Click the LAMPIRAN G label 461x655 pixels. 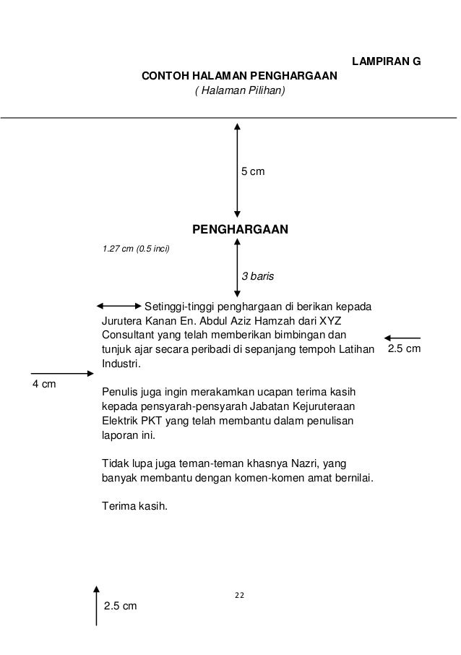click(385, 62)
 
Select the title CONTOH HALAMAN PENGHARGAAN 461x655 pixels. click(238, 76)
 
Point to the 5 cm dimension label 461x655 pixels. click(252, 172)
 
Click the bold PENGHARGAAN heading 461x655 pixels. click(239, 230)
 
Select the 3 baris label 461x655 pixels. click(257, 277)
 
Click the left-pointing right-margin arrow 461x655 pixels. click(402, 338)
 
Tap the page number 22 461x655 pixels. click(239, 595)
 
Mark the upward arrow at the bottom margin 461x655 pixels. click(96, 606)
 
